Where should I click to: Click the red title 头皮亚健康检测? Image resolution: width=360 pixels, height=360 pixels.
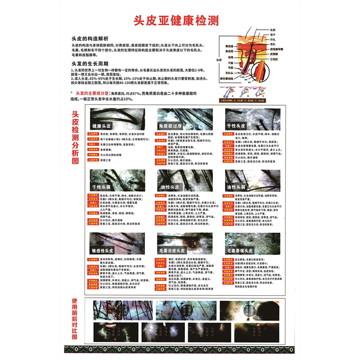click(x=180, y=20)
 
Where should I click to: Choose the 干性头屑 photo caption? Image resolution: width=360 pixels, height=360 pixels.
click(x=102, y=186)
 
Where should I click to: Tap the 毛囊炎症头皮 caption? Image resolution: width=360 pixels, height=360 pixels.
click(x=171, y=250)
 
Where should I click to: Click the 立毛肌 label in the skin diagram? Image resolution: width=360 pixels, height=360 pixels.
click(x=274, y=59)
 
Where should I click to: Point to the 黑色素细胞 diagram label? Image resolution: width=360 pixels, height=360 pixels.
click(x=229, y=79)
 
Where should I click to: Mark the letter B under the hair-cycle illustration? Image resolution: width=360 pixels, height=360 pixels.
click(x=244, y=95)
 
